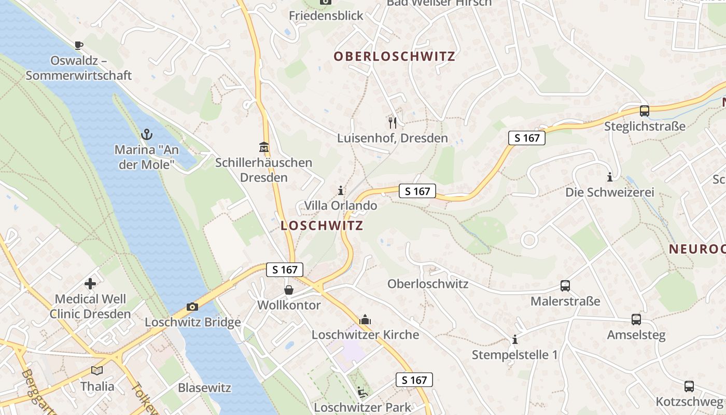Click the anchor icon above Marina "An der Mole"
coord(147,134)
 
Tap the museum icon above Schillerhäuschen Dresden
coord(264,147)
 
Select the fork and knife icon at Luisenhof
coord(393,122)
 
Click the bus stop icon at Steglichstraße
coord(645,110)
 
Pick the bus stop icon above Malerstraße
coord(565,285)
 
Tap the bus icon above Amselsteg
coord(636,319)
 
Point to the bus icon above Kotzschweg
coord(689,386)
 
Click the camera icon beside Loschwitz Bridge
coord(192,307)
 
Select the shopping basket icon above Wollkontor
coord(289,289)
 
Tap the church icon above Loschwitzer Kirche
coord(365,319)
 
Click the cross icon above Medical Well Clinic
coord(90,283)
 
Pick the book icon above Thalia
coord(97,370)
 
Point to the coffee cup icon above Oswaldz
coord(78,45)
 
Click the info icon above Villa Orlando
coord(341,190)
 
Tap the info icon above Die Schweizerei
coord(610,177)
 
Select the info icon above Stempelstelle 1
coord(515,339)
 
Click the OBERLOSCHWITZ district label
coord(394,56)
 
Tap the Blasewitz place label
coord(204,388)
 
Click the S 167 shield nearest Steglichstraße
coord(527,138)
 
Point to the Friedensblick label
coord(326,16)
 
